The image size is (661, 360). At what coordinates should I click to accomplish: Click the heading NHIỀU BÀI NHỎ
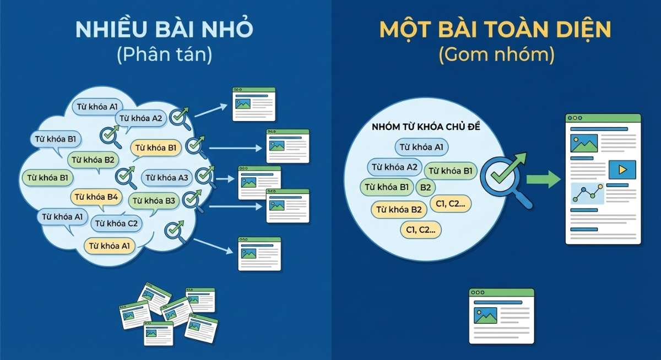click(x=165, y=30)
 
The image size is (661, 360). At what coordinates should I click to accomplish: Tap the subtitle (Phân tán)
click(x=165, y=55)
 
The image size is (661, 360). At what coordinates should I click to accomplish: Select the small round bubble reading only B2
click(x=425, y=187)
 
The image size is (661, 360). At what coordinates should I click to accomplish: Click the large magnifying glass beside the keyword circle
click(x=502, y=177)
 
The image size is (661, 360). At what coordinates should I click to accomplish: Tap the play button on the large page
click(x=622, y=170)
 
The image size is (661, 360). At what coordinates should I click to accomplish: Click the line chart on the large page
click(x=587, y=193)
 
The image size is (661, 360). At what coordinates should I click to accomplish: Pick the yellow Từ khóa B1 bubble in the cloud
click(x=155, y=148)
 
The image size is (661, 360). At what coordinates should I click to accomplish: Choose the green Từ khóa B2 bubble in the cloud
click(x=94, y=160)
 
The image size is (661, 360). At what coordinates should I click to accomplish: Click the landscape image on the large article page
click(x=584, y=143)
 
